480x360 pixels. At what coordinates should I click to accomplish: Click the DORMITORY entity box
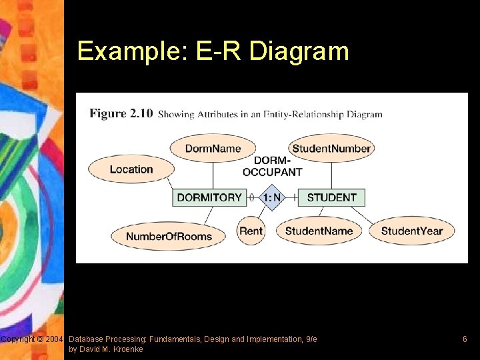click(209, 197)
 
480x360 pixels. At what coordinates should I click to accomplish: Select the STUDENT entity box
click(331, 197)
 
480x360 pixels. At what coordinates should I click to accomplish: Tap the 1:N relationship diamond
click(271, 197)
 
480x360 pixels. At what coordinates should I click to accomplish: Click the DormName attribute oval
click(213, 148)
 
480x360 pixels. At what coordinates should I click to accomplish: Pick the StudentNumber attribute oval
click(331, 148)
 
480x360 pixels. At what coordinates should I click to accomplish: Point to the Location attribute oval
click(131, 169)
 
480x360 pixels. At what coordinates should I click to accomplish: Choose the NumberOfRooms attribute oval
click(169, 236)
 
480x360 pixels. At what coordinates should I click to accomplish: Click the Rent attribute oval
click(251, 231)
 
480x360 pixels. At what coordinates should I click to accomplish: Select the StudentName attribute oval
click(319, 231)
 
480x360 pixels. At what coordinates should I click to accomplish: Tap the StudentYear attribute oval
click(411, 231)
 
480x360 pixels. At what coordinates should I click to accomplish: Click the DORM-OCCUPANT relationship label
click(272, 167)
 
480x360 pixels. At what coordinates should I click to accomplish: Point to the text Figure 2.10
click(121, 113)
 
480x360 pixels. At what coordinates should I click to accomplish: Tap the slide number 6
click(465, 339)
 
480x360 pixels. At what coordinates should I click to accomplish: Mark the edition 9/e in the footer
click(311, 339)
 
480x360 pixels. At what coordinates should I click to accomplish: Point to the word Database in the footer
click(87, 339)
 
